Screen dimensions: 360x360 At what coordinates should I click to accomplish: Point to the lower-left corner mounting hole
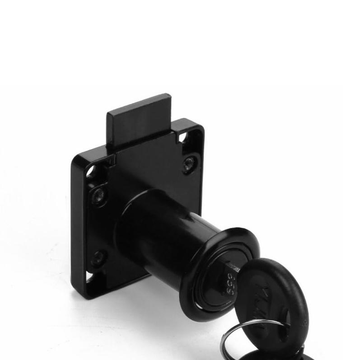tap(90, 279)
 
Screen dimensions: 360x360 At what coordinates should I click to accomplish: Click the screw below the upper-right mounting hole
tap(190, 164)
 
